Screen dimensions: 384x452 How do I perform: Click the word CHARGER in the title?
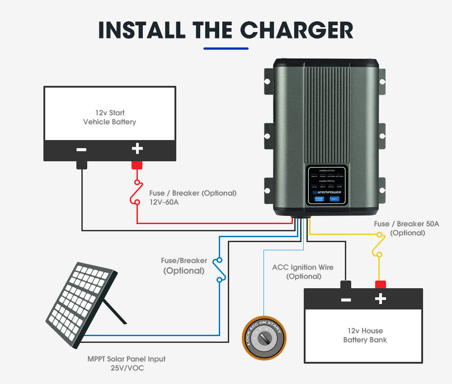pos(296,30)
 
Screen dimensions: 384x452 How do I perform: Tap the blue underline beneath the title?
pos(226,48)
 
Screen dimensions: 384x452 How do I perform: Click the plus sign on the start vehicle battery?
pos(137,149)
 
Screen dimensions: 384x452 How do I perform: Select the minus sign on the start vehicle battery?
pos(82,150)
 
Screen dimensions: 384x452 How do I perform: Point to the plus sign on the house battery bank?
pos(381,299)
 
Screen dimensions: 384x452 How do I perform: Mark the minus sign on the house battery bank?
pos(346,299)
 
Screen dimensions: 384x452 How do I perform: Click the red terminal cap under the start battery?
pos(137,165)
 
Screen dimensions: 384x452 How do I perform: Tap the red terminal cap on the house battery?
pos(381,284)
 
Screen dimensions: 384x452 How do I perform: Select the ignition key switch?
pos(264,338)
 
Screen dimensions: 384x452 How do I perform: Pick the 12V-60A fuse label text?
pos(164,202)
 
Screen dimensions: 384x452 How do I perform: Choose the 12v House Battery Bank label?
pos(365,335)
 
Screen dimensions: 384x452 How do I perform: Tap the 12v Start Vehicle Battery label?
pos(109,117)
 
